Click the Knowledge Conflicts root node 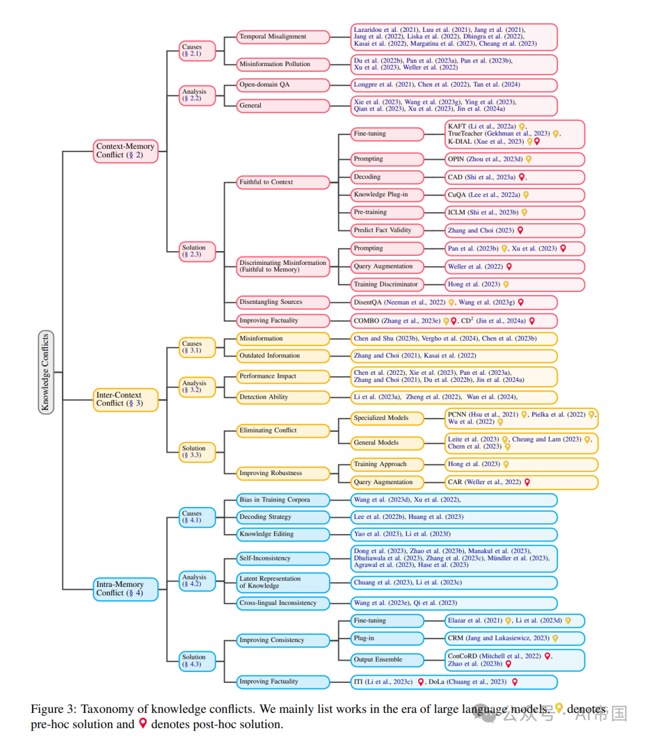pyautogui.click(x=46, y=372)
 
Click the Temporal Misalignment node pyautogui.click(x=283, y=37)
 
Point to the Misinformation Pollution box pyautogui.click(x=283, y=64)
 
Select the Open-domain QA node pyautogui.click(x=283, y=85)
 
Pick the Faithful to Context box pyautogui.click(x=283, y=182)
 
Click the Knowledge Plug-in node pyautogui.click(x=388, y=195)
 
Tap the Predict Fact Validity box pyautogui.click(x=388, y=230)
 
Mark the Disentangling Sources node pyautogui.click(x=283, y=302)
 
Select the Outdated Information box pyautogui.click(x=283, y=356)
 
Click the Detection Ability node pyautogui.click(x=283, y=397)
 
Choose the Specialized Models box pyautogui.click(x=388, y=418)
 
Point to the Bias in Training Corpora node pyautogui.click(x=283, y=500)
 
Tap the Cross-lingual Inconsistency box pyautogui.click(x=283, y=603)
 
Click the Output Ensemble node pyautogui.click(x=388, y=660)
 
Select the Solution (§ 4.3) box pyautogui.click(x=197, y=661)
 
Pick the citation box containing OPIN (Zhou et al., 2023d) pyautogui.click(x=514, y=159)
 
